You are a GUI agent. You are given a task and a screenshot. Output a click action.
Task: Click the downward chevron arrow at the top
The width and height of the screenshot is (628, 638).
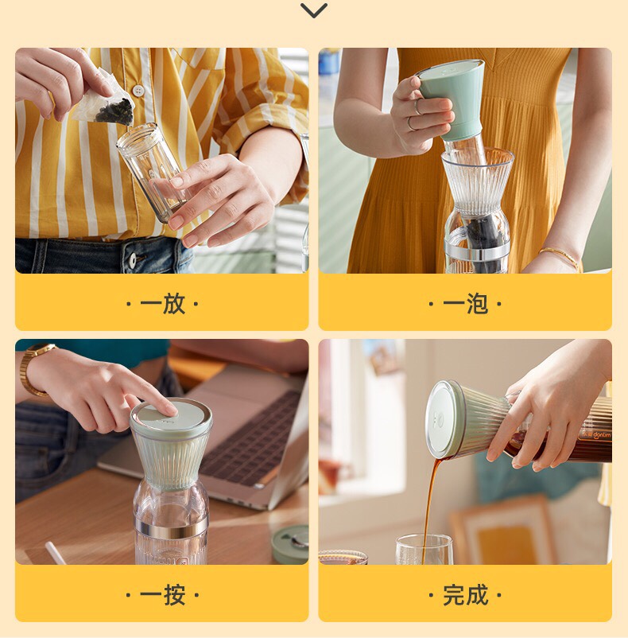pos(314,10)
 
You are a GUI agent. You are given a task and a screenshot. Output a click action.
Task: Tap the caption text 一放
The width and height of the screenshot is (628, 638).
pos(162,303)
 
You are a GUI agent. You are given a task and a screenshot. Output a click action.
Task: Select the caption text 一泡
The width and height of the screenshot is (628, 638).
pos(465,303)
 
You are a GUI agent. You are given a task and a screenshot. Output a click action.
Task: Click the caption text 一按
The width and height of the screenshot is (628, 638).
pos(162,594)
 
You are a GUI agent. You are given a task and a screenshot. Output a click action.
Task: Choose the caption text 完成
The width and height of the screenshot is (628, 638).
pos(465,594)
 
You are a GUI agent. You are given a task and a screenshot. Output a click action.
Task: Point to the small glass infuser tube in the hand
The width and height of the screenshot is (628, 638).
pos(153,169)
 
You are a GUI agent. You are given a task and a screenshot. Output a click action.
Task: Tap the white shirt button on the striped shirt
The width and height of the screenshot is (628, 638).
pos(139,91)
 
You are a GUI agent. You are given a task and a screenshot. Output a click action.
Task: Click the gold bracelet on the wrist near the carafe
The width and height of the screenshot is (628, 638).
pos(560,255)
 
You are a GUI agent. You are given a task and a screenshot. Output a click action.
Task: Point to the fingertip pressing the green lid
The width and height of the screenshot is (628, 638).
pos(169,410)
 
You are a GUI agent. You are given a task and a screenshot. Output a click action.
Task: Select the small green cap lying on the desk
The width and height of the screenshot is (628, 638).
pos(289,543)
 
